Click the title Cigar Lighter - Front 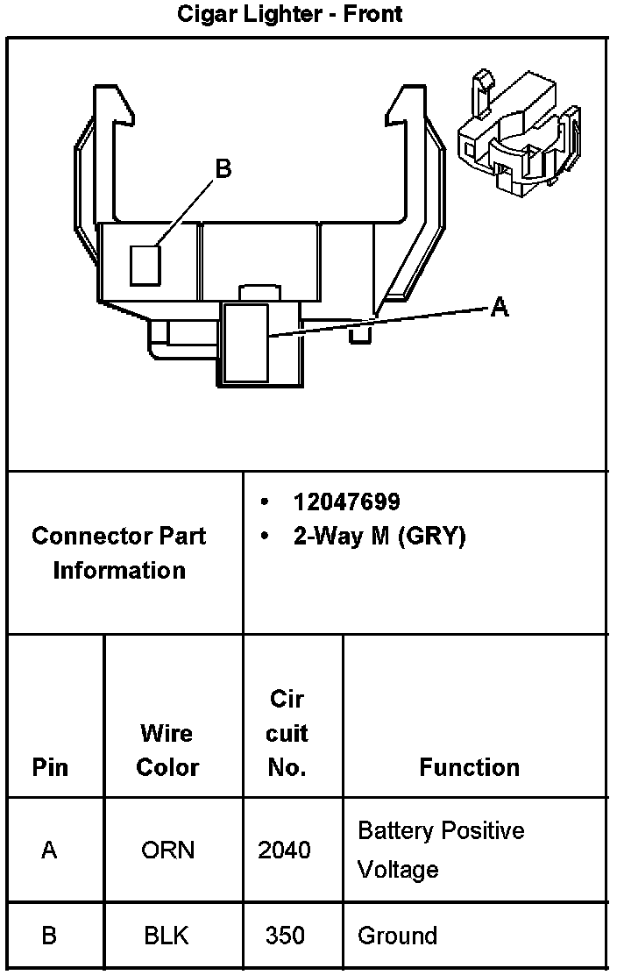click(290, 14)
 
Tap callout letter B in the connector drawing click(223, 168)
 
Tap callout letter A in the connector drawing click(499, 307)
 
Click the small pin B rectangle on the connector click(145, 265)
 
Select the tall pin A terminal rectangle click(246, 342)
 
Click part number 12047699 click(347, 502)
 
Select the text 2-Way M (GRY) click(379, 537)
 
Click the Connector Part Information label click(119, 552)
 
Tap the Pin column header click(50, 767)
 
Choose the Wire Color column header click(167, 750)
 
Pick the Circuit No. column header click(287, 733)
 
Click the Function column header click(469, 767)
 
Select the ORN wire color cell click(167, 850)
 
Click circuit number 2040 click(284, 850)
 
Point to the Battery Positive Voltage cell click(441, 850)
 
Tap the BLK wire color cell click(167, 936)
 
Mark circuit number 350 click(286, 936)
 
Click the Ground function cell click(397, 936)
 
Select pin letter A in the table click(49, 850)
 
